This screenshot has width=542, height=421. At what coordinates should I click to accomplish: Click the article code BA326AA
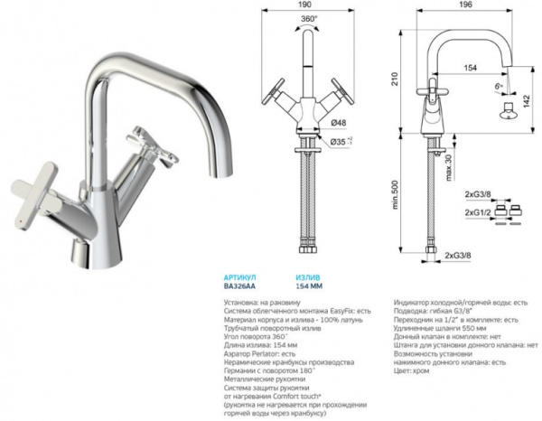[240, 286]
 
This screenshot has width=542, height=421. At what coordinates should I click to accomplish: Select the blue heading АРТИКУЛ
[240, 277]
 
